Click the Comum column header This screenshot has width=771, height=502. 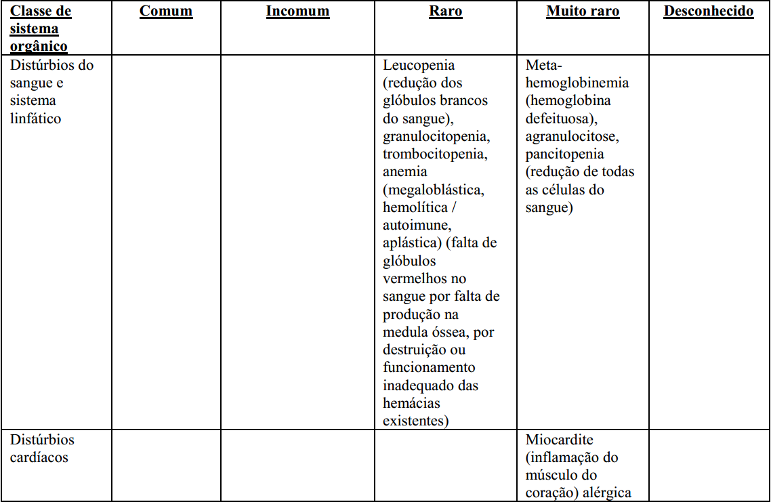(166, 12)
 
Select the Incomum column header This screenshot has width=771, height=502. (297, 12)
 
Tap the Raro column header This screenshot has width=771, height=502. (446, 12)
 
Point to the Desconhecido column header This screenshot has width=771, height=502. (708, 12)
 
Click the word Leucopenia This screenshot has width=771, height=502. (419, 66)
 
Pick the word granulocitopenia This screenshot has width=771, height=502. (436, 136)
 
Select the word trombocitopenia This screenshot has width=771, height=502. (434, 154)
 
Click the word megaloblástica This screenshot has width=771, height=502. (436, 190)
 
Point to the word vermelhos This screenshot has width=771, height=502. (415, 278)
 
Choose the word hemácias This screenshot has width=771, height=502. (411, 403)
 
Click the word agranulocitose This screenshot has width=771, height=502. (570, 136)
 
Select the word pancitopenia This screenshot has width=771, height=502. (564, 154)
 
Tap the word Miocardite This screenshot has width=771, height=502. (560, 440)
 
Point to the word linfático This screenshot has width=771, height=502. (35, 119)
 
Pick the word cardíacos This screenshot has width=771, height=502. (39, 457)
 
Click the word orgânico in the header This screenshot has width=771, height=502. (39, 47)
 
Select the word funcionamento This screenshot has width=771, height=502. (429, 368)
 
